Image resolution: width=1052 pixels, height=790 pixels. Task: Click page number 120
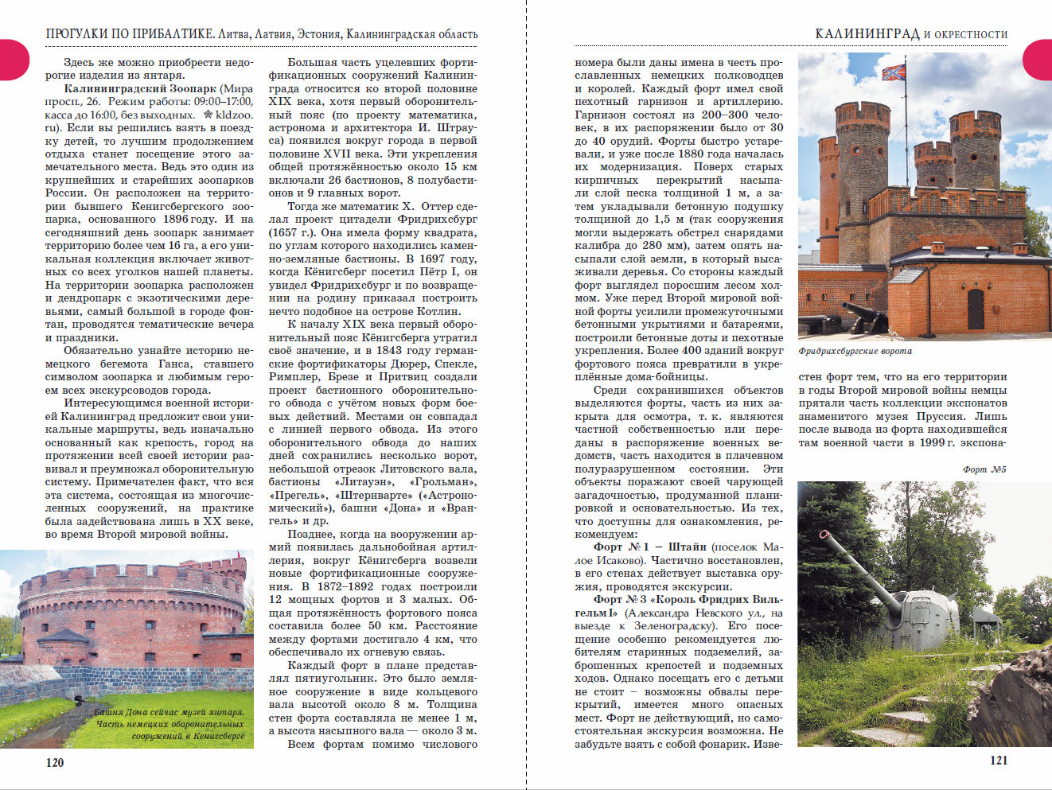[x=54, y=762]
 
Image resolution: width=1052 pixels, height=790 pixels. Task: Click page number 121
[x=999, y=760]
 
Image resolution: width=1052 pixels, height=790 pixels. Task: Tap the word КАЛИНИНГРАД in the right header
[x=867, y=33]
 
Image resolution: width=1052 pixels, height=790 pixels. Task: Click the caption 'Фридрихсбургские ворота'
[x=855, y=351]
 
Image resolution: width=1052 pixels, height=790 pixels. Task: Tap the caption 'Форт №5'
[x=984, y=469]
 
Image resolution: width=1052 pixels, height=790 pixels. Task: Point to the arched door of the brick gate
[x=976, y=309]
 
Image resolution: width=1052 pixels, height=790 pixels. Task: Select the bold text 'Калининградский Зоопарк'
[x=140, y=88]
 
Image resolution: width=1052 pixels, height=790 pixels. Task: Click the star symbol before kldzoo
[x=208, y=115]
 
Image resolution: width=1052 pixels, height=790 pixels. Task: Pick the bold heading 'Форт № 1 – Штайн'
[x=649, y=547]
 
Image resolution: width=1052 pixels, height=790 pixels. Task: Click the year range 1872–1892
[x=345, y=586]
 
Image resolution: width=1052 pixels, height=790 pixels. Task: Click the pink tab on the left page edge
[x=13, y=60]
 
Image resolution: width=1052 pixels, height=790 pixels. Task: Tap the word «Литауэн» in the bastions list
[x=357, y=481]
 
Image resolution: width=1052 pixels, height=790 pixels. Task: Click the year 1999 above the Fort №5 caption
[x=932, y=442]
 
